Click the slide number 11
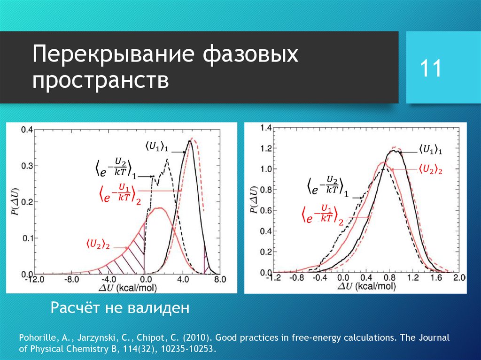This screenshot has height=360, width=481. coord(431,68)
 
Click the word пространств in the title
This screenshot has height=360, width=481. coord(101,81)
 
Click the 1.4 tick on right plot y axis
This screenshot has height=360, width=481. coord(266,128)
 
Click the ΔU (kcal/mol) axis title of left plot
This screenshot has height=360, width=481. coord(127,287)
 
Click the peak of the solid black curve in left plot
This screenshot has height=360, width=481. coord(189,141)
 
